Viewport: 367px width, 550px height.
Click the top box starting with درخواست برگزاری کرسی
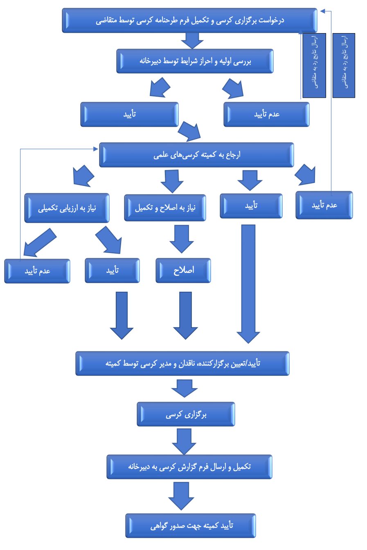click(189, 20)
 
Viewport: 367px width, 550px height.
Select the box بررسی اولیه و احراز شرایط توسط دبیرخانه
click(195, 61)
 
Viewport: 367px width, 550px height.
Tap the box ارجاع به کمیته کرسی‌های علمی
click(196, 155)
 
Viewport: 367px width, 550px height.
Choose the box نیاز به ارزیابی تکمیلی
click(67, 208)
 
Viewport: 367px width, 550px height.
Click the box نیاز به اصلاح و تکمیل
click(165, 208)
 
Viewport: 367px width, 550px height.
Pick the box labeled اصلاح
click(183, 271)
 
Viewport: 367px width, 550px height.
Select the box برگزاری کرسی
click(186, 414)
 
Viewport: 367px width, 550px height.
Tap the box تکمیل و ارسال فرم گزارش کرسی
click(189, 467)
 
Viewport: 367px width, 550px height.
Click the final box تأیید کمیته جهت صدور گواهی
click(191, 525)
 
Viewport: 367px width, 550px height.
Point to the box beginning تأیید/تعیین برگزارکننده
click(182, 363)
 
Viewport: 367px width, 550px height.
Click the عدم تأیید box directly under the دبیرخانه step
click(266, 114)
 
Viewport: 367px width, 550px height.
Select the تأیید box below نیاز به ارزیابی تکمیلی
click(112, 271)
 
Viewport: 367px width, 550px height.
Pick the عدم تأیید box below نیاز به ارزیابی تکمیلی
click(37, 271)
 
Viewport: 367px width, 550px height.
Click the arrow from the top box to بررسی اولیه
click(192, 40)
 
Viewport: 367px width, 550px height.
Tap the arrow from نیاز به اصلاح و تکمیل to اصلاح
click(182, 239)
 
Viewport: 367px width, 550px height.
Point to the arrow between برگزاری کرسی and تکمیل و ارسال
click(184, 441)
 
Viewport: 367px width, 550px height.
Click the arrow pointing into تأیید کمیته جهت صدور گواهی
click(181, 496)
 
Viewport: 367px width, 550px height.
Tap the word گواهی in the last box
click(159, 526)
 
